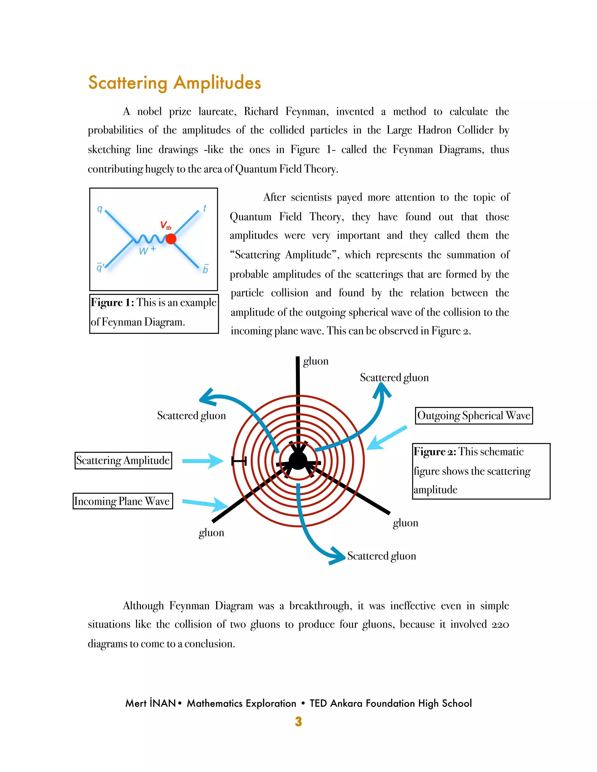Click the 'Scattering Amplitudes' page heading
[174, 83]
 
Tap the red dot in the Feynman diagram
[171, 239]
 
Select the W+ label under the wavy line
[147, 250]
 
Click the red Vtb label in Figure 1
[165, 225]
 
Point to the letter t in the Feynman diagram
[204, 208]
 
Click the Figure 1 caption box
[154, 313]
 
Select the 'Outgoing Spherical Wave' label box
[474, 415]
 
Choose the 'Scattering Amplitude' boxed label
[123, 460]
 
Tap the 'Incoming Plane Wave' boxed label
[122, 501]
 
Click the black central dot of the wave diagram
[298, 461]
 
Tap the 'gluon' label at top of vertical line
[315, 361]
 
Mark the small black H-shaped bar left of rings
[239, 461]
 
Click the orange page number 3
[298, 721]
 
